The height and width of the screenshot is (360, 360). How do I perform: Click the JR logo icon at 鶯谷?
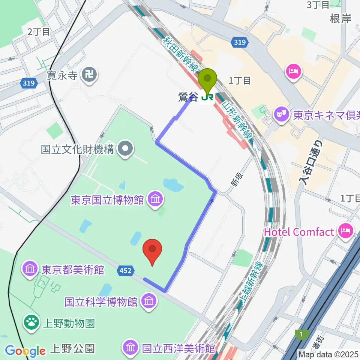(x=207, y=97)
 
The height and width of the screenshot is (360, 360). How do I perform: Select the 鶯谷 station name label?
(x=187, y=97)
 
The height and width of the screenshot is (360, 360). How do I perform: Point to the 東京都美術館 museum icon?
(x=30, y=269)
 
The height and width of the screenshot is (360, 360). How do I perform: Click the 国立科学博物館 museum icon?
(x=149, y=301)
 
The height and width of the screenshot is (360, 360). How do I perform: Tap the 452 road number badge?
(x=125, y=270)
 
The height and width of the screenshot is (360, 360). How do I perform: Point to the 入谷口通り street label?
(x=310, y=161)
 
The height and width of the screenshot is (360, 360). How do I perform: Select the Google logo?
(x=25, y=351)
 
